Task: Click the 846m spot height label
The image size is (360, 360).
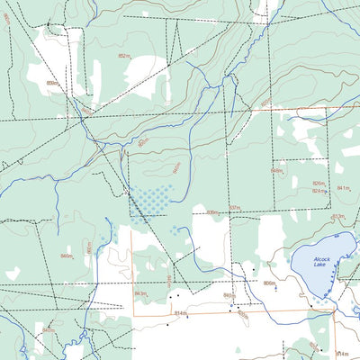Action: click(66, 256)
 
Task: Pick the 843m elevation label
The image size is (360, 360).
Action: click(139, 294)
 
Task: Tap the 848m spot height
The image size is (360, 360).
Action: click(277, 170)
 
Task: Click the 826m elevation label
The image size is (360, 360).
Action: click(319, 183)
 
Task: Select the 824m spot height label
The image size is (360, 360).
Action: click(319, 191)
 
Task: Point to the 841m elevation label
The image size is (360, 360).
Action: click(343, 188)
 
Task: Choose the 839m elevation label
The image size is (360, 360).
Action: click(212, 212)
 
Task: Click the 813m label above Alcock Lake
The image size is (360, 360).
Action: click(337, 217)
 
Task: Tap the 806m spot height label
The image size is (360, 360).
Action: click(268, 283)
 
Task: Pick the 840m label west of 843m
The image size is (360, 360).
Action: click(48, 330)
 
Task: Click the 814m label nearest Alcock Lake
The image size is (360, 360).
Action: click(341, 355)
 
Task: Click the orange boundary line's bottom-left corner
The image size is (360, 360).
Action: click(134, 314)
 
